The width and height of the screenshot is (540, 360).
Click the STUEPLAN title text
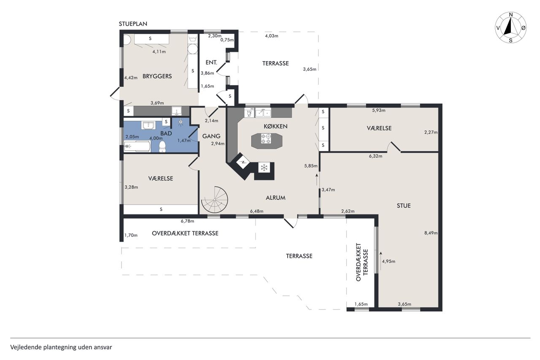(133, 24)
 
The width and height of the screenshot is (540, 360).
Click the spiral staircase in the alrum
(215, 200)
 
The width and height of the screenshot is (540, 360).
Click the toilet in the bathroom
(162, 147)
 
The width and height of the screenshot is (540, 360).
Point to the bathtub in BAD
(138, 146)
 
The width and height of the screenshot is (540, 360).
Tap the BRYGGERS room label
(157, 76)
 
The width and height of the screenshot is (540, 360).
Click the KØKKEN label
(275, 126)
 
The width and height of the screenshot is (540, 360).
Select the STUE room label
(404, 206)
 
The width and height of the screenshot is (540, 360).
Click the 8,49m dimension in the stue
(431, 233)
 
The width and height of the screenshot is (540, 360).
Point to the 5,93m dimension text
(379, 111)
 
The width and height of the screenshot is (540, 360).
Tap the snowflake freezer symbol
(264, 168)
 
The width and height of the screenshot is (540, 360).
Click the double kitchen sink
(263, 113)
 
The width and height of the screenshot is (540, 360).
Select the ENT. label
(211, 62)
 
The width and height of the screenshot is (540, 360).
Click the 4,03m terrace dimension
(272, 36)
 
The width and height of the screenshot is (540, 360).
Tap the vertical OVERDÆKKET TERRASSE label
(362, 262)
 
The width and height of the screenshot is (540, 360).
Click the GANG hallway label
(211, 136)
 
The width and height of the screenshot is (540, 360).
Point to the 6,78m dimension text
(188, 221)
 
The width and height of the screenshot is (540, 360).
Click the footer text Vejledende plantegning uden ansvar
(61, 347)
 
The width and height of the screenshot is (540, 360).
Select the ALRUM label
(275, 198)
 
